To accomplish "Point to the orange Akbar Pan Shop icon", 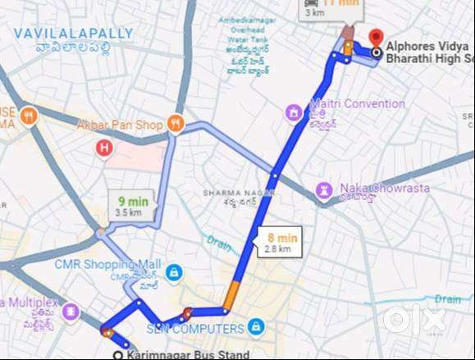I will tap(174, 124).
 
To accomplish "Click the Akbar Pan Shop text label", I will tap(120, 125).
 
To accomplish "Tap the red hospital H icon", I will tap(104, 148).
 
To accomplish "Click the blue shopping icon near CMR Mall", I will tap(173, 271).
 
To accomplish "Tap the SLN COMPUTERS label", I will tap(195, 329).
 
